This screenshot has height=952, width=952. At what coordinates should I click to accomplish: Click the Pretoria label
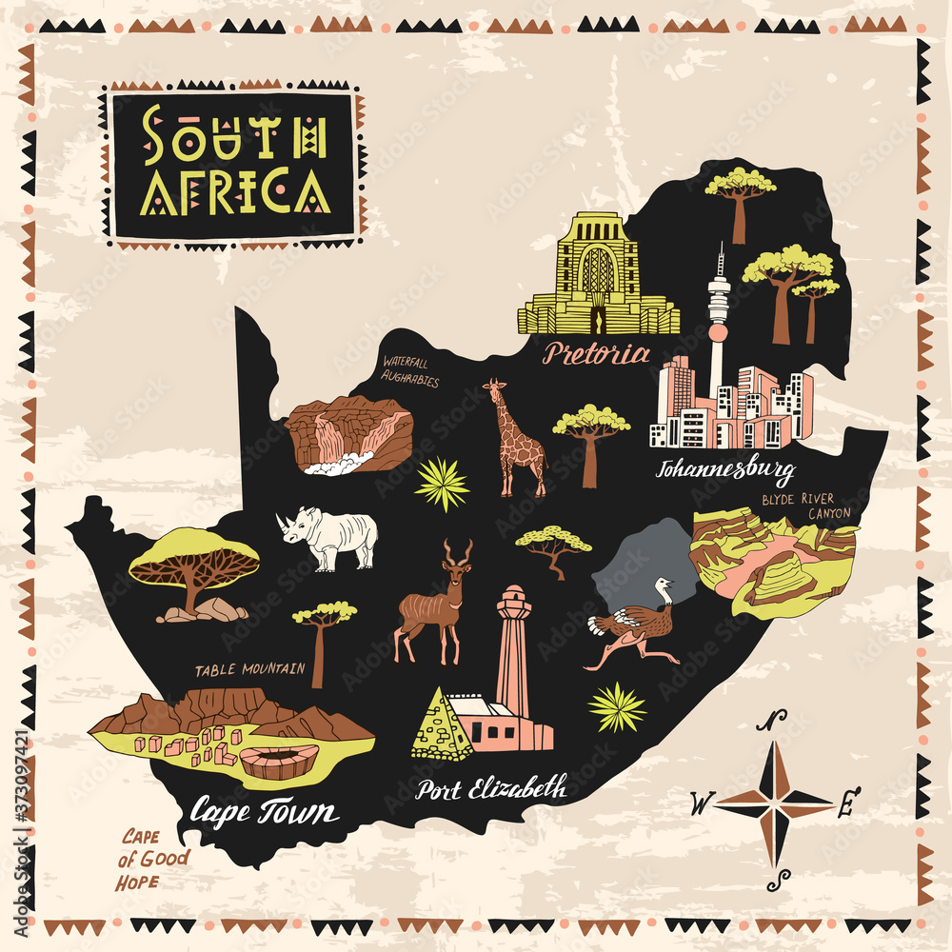(x=596, y=354)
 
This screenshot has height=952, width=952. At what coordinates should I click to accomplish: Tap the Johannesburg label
(x=725, y=469)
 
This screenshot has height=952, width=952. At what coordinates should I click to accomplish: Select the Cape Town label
(x=263, y=812)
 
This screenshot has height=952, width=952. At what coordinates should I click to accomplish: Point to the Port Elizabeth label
(x=491, y=788)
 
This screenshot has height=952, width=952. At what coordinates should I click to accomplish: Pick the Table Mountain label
(x=249, y=670)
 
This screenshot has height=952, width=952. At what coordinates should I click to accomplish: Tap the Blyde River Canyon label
(x=804, y=506)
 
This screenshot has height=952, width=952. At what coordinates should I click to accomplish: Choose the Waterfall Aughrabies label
(x=410, y=371)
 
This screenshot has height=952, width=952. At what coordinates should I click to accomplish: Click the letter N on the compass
(x=776, y=721)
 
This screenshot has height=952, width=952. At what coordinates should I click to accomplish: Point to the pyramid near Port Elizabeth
(x=440, y=728)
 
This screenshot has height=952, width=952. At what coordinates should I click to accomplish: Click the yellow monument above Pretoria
(x=598, y=276)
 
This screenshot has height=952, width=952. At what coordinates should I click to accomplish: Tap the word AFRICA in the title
(x=235, y=193)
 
